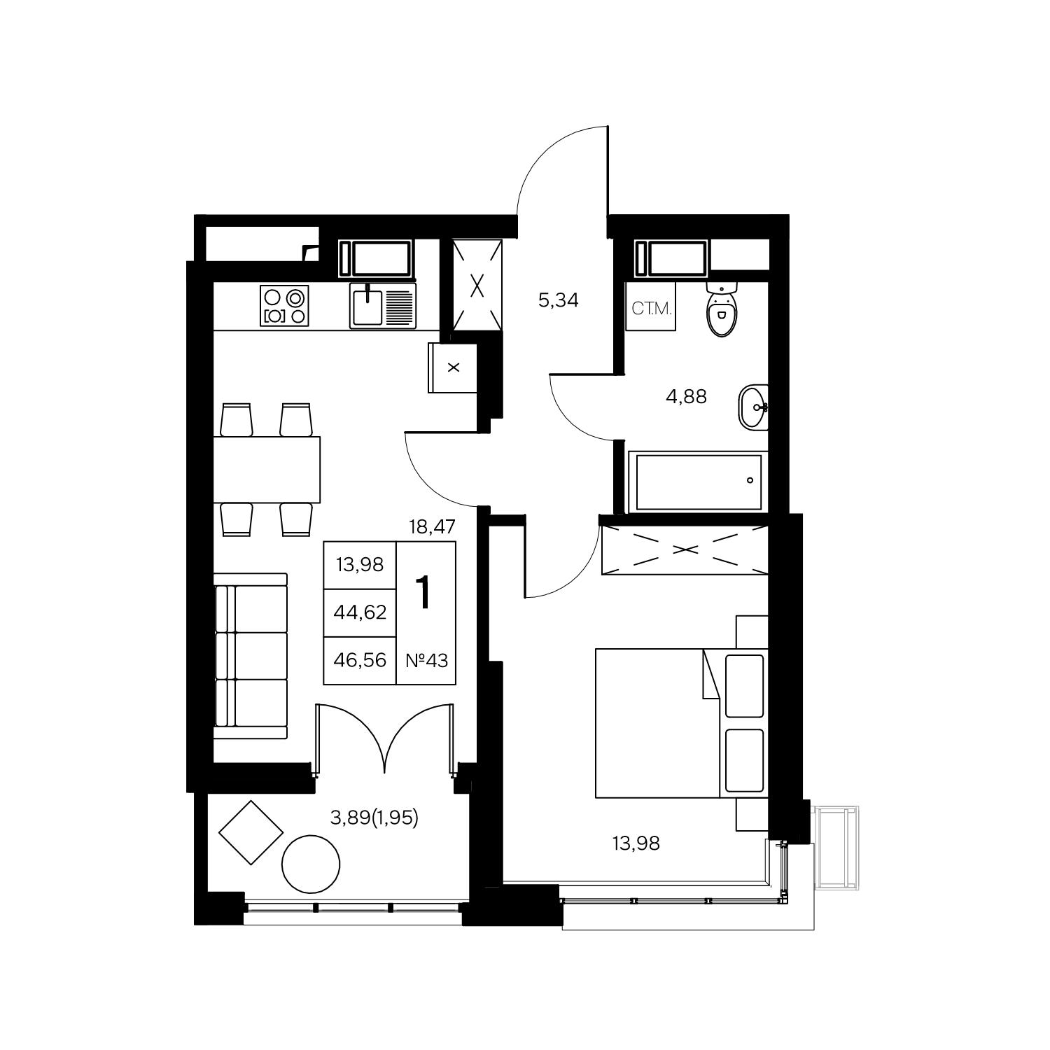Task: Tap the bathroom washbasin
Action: click(x=753, y=407)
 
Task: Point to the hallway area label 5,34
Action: click(x=559, y=302)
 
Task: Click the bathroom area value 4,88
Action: click(x=686, y=397)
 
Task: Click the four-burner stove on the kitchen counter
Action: click(x=284, y=306)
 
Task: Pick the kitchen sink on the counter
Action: click(x=383, y=306)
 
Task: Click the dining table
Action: click(x=267, y=469)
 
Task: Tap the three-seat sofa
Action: click(x=251, y=656)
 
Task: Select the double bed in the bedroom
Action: click(x=681, y=723)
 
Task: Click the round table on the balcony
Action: click(x=311, y=864)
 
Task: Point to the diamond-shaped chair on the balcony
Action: click(x=251, y=833)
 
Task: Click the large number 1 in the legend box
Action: click(x=423, y=592)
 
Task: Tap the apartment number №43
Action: click(x=426, y=659)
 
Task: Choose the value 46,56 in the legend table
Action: click(x=360, y=659)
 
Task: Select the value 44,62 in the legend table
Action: click(x=360, y=612)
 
